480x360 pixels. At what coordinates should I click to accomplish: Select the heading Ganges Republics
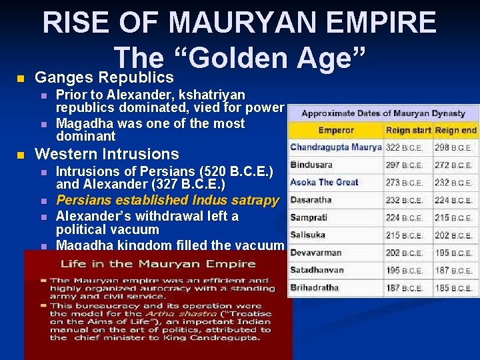click(x=104, y=78)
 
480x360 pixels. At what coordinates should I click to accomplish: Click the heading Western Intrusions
click(x=107, y=154)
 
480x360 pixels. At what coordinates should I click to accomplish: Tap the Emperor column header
click(x=336, y=130)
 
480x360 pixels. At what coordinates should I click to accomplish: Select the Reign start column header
click(x=408, y=130)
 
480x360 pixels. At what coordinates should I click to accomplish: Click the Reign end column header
click(x=456, y=130)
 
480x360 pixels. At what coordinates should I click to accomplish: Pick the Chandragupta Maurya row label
click(x=336, y=147)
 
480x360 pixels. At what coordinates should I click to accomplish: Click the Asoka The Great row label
click(x=325, y=182)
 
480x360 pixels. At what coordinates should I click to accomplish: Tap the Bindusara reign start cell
click(x=404, y=165)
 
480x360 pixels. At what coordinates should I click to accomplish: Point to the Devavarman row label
click(x=316, y=253)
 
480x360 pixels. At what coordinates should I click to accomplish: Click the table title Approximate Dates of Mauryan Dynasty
click(x=383, y=113)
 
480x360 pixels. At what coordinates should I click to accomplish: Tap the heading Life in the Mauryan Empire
click(x=158, y=263)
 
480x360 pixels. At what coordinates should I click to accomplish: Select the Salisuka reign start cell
click(x=404, y=235)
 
